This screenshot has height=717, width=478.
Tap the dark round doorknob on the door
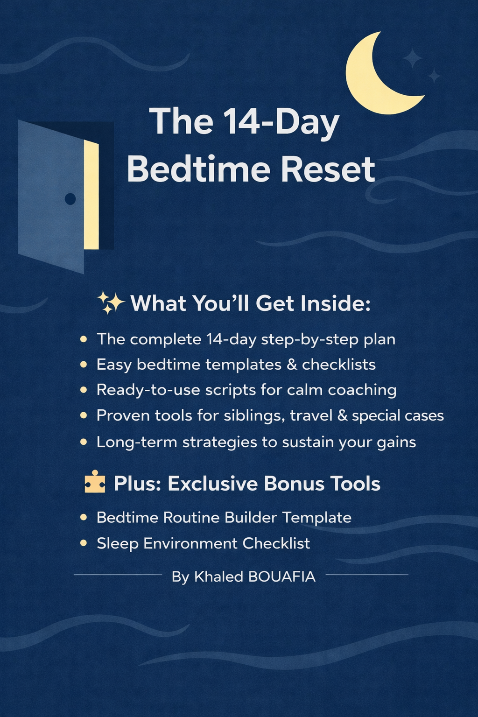(70, 199)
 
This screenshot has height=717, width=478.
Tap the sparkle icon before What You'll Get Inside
(110, 302)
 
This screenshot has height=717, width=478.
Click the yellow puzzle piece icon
(95, 482)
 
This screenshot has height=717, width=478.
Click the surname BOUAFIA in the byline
(282, 577)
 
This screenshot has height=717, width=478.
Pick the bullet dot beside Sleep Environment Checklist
(84, 543)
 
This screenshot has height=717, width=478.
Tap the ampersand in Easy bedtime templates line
(292, 365)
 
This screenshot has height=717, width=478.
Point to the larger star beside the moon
(413, 59)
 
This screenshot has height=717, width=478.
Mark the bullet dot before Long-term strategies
(84, 442)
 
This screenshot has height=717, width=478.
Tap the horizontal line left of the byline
(118, 575)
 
